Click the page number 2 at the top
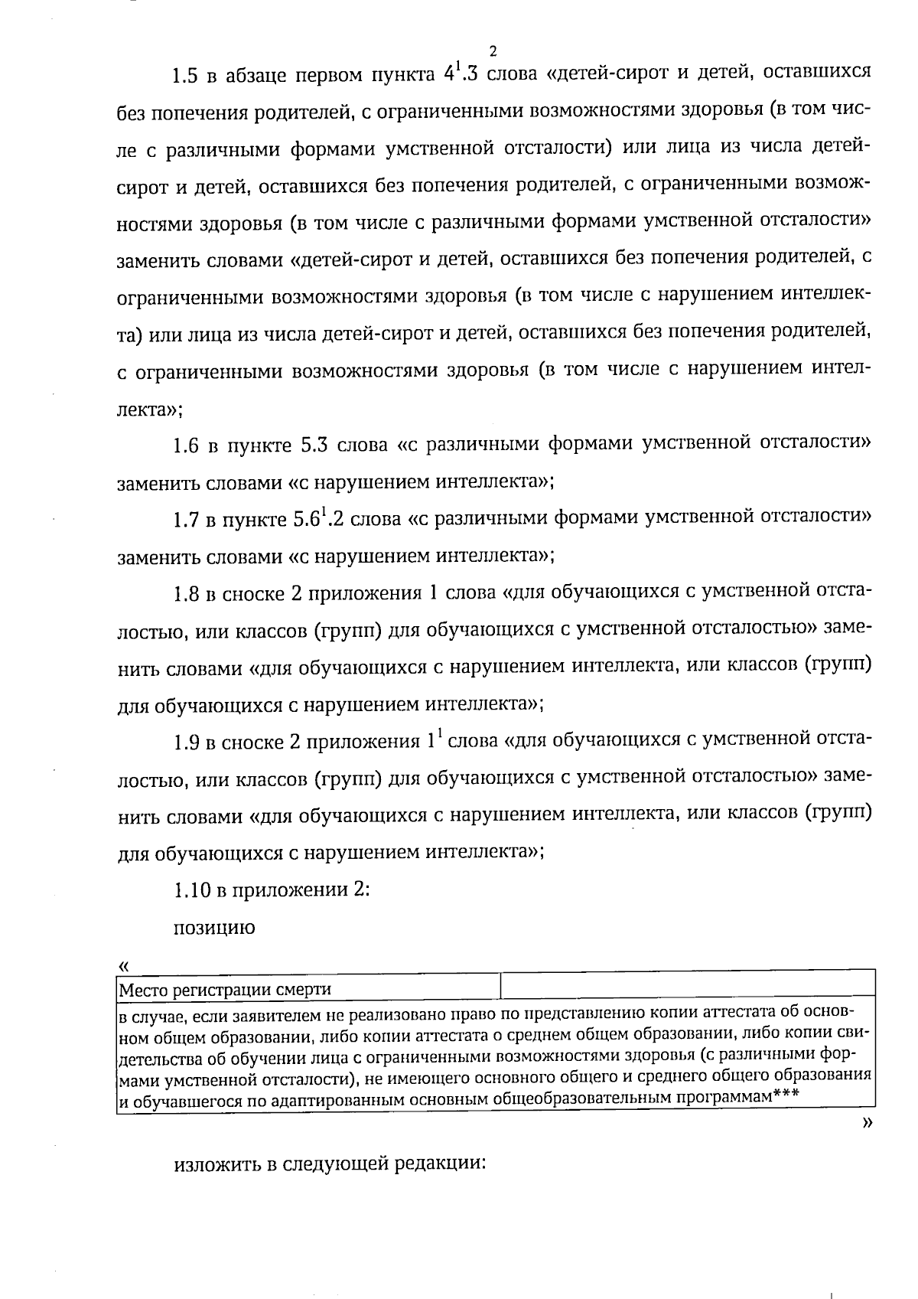[x=493, y=51]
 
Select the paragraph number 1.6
[x=186, y=446]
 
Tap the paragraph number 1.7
[x=186, y=521]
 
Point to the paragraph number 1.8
[x=186, y=594]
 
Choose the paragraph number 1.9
[x=186, y=742]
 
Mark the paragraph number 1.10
[x=191, y=890]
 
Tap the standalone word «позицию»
[x=214, y=928]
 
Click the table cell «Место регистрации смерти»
[x=225, y=989]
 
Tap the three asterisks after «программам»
[x=786, y=1095]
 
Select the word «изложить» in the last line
[x=217, y=1164]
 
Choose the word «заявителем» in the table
[x=229, y=1017]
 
